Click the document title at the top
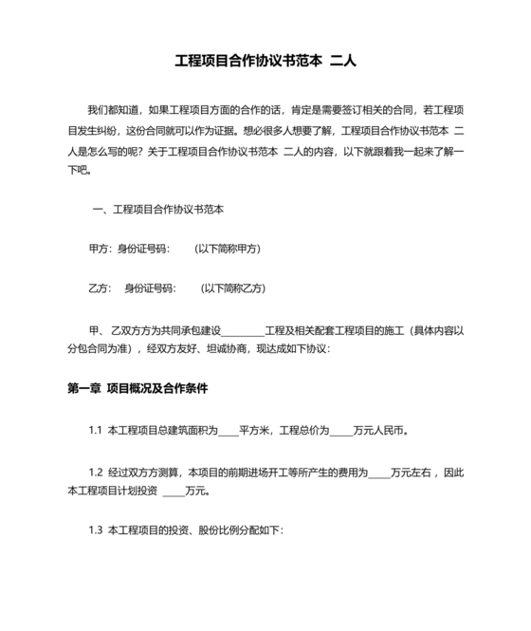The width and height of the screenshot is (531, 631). point(265,62)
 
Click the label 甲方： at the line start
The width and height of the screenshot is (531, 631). point(101,249)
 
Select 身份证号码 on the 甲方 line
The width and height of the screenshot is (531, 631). point(141,249)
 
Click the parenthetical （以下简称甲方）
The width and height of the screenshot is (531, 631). point(227,249)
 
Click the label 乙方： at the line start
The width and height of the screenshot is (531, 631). point(101,288)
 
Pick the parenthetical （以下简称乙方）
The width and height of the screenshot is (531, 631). point(232,288)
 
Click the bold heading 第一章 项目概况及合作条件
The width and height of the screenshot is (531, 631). point(137,389)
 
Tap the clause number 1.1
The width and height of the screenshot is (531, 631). point(96,430)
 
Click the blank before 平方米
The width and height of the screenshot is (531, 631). point(228,432)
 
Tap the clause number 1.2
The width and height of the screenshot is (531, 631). point(96,472)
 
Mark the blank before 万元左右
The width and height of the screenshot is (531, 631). point(377,473)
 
